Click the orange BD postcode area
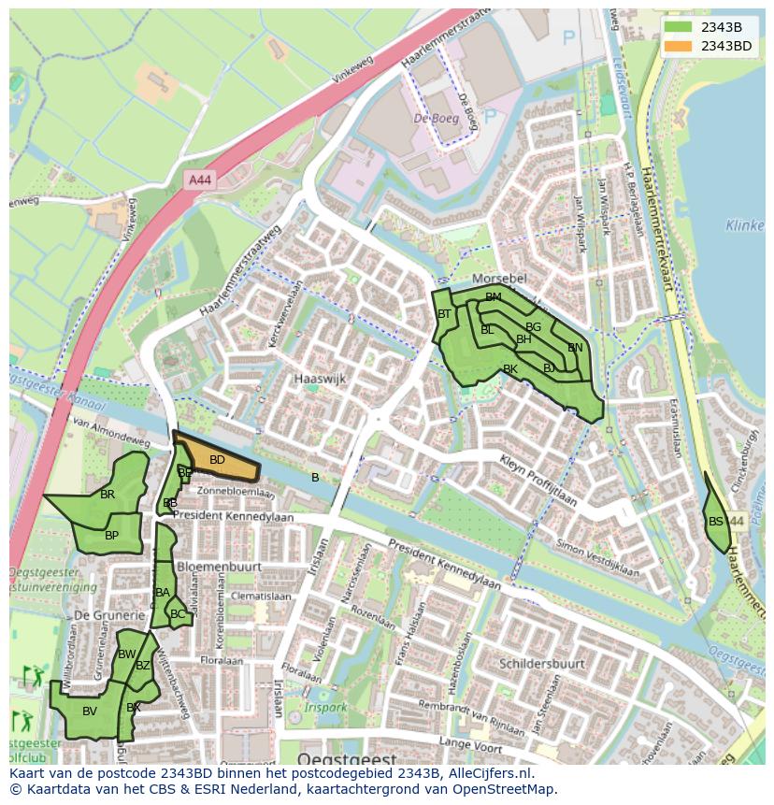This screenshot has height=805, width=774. [x=217, y=460]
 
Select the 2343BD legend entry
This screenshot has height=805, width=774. [x=725, y=45]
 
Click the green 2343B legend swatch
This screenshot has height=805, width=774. [x=678, y=27]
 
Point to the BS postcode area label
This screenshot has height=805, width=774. [x=716, y=522]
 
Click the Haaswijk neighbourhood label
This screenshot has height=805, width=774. [x=320, y=380]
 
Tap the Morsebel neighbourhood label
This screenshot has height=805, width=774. [x=500, y=280]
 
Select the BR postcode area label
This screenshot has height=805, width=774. [x=107, y=495]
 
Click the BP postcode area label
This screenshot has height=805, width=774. [x=111, y=536]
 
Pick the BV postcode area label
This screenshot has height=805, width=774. [x=90, y=712]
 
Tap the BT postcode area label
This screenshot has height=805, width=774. [x=444, y=314]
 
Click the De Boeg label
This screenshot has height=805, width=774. [x=435, y=120]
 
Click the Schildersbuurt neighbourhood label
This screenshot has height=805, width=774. [x=542, y=663]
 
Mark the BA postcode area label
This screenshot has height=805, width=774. [x=163, y=593]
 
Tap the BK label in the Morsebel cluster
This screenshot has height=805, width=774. [x=510, y=369]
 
